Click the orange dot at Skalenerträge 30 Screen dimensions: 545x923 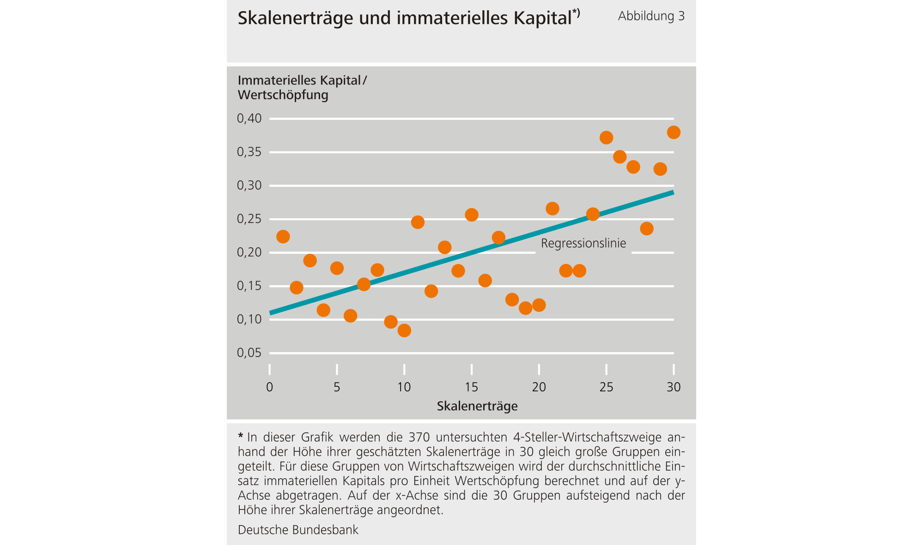674,132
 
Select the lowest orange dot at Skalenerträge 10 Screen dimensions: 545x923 404,330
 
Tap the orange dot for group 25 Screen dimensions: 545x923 606,138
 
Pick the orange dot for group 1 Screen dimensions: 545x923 283,237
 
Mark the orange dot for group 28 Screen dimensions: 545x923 647,228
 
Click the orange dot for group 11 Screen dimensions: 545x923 418,222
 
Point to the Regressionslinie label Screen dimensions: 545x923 583,243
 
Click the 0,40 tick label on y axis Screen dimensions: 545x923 249,119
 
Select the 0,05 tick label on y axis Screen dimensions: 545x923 249,353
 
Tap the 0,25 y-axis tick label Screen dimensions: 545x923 249,219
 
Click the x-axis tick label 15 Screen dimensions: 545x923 471,387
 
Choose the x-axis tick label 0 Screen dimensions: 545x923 270,387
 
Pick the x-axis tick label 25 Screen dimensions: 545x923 606,387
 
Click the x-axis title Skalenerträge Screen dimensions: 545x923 477,406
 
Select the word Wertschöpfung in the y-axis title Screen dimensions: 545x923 283,95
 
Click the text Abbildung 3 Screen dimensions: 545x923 651,16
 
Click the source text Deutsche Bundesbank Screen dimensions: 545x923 298,530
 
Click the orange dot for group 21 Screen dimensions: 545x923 553,209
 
